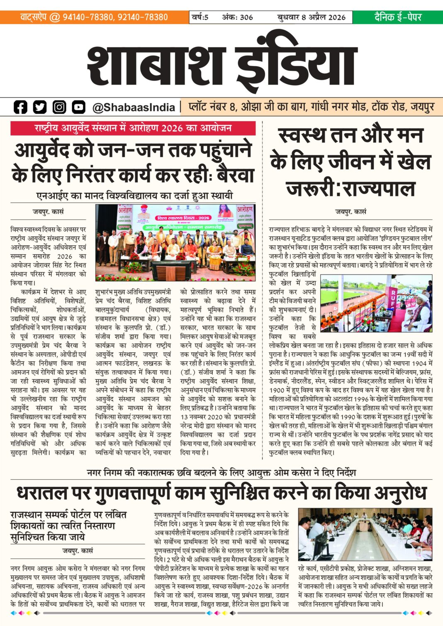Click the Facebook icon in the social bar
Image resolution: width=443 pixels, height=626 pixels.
(x=20, y=107)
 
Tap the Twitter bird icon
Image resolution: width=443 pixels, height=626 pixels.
(x=40, y=107)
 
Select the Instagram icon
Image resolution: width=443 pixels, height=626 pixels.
(x=59, y=107)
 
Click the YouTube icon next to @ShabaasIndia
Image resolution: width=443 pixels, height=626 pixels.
(x=78, y=107)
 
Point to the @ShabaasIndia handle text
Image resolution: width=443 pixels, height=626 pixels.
(x=134, y=107)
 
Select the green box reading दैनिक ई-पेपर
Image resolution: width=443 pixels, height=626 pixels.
(x=397, y=17)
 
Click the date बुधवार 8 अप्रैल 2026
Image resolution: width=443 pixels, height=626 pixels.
(x=311, y=17)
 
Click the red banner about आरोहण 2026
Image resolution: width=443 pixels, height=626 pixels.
(x=133, y=128)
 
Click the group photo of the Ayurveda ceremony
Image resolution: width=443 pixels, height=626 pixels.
(x=175, y=243)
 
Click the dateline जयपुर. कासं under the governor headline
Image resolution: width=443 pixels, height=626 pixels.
(x=351, y=211)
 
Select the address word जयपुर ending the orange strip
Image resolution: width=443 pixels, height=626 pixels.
(x=422, y=107)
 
